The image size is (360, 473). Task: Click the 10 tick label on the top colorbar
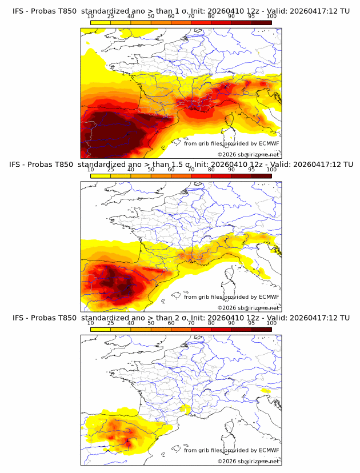[90, 16]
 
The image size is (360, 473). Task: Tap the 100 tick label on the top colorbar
[271, 16]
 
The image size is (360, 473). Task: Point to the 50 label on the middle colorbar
[151, 170]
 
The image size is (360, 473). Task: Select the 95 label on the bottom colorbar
[251, 323]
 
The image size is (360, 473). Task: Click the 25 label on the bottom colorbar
[110, 323]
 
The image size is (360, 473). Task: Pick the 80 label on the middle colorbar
[211, 170]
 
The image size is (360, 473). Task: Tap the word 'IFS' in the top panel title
[19, 10]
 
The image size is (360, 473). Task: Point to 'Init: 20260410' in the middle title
[225, 164]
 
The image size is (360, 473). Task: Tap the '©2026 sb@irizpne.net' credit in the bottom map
[248, 461]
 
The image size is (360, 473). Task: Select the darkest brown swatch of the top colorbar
[261, 23]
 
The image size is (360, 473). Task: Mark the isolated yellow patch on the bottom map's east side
[264, 391]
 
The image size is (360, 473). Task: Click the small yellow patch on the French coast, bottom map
[184, 409]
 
